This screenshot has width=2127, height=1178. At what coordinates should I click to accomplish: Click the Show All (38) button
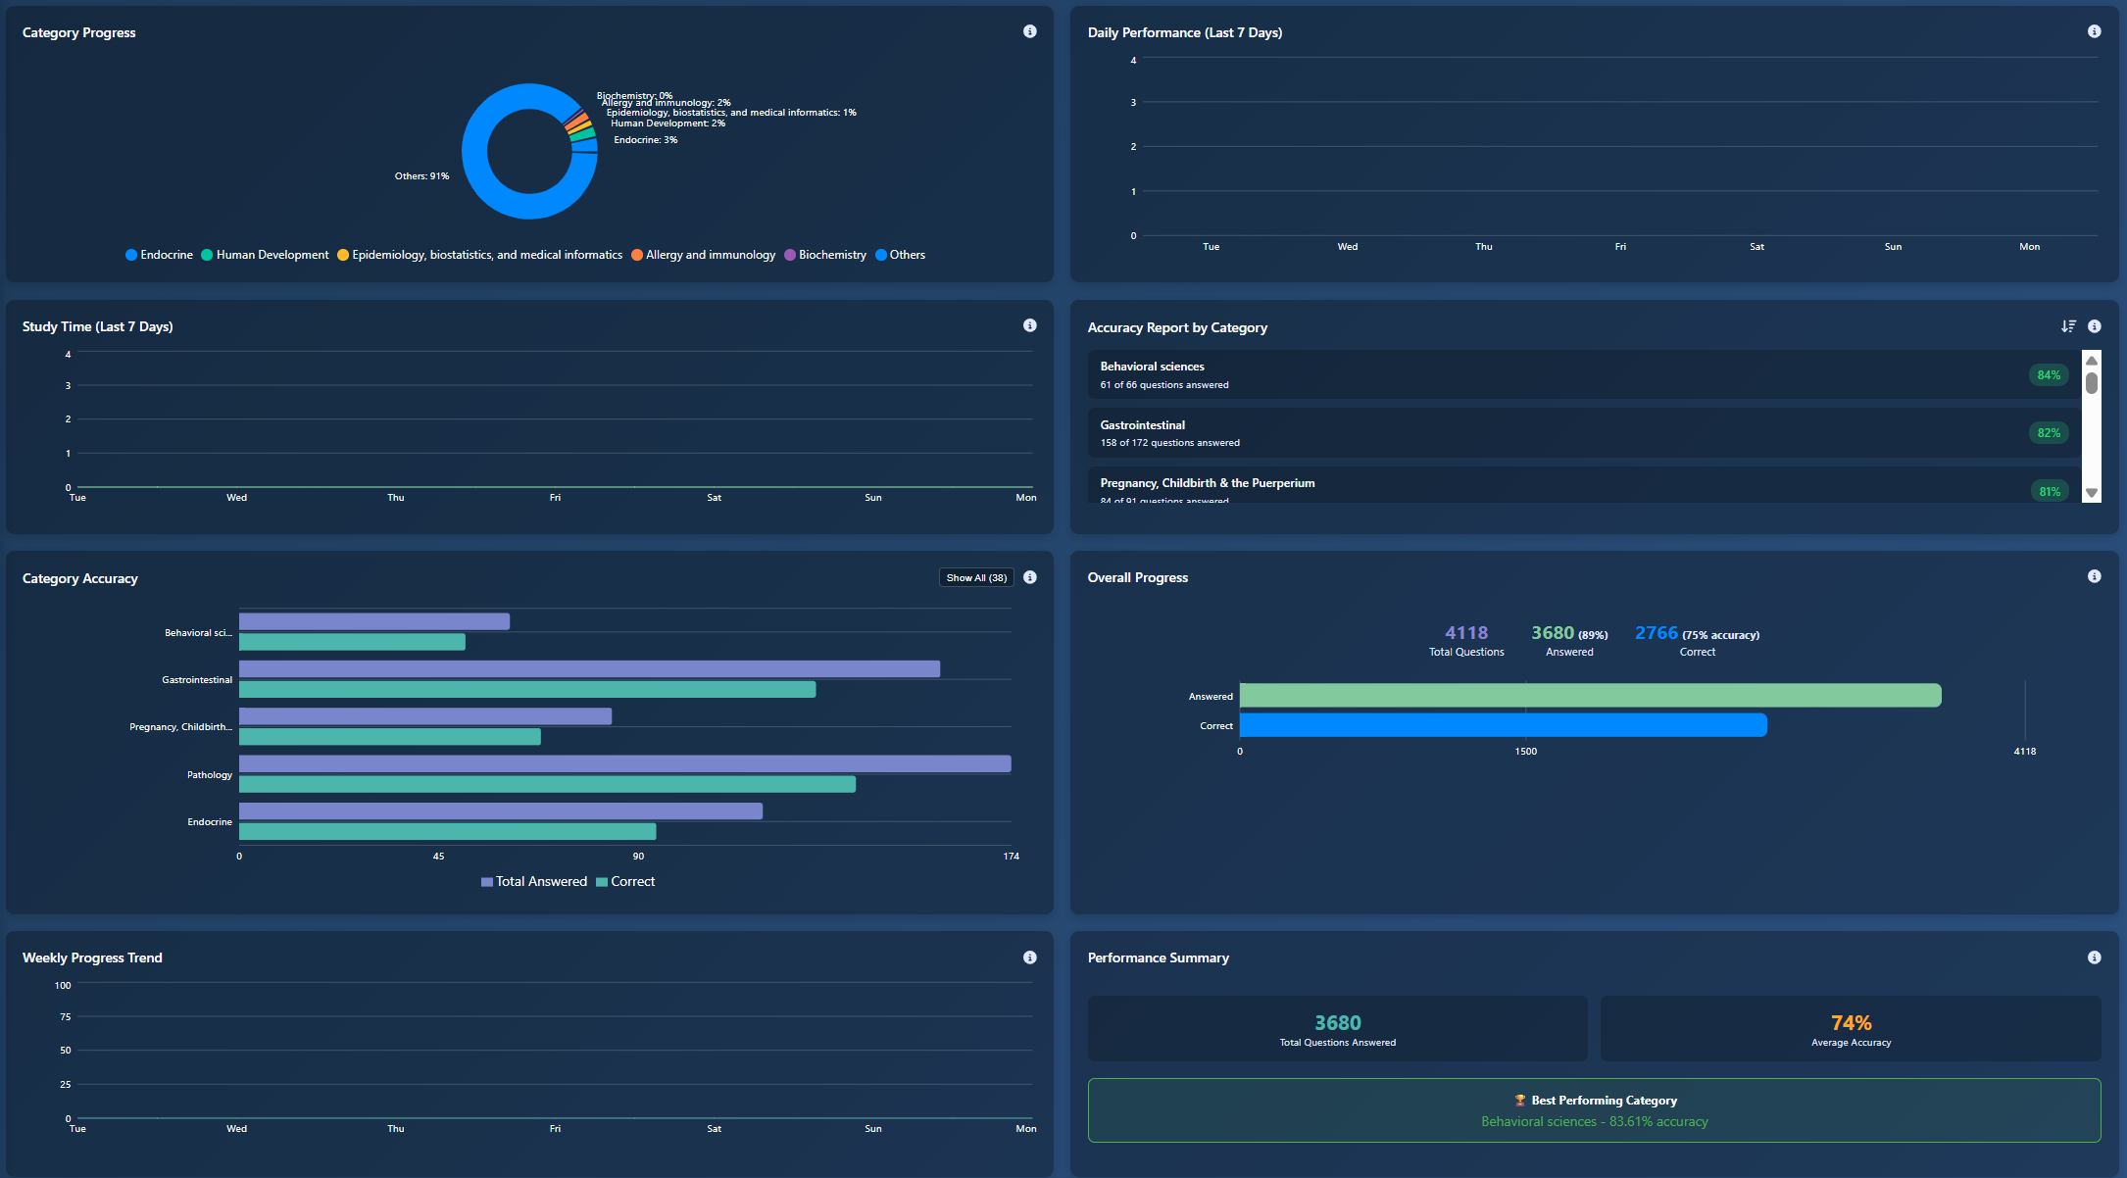click(976, 577)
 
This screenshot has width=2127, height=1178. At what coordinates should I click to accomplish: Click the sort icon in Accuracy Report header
click(2068, 326)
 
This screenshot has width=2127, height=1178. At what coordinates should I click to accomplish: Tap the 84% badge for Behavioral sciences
click(2049, 374)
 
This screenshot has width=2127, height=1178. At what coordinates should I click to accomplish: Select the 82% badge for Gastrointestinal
click(2049, 432)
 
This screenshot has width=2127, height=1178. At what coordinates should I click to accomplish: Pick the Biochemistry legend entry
click(825, 255)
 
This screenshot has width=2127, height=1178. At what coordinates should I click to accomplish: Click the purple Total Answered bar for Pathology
click(624, 763)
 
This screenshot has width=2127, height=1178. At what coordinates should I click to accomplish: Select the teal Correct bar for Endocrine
click(447, 831)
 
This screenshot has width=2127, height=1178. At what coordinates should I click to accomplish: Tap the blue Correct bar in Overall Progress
click(1503, 725)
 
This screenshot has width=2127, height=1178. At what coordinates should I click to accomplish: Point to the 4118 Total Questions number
click(1465, 633)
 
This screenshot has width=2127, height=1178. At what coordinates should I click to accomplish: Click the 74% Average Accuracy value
click(1851, 1023)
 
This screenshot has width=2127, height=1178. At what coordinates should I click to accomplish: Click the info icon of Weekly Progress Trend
click(1029, 957)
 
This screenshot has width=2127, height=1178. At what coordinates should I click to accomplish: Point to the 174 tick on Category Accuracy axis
click(1011, 857)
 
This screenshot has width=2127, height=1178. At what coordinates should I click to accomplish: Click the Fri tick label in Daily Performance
click(1620, 247)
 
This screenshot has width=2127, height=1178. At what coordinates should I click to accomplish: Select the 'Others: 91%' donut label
click(421, 176)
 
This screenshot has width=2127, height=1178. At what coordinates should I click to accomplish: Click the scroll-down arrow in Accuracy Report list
click(2092, 493)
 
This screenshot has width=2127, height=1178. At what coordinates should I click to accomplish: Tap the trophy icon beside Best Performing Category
click(1519, 1101)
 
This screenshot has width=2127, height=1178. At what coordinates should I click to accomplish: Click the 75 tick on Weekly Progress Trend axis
click(65, 1017)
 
